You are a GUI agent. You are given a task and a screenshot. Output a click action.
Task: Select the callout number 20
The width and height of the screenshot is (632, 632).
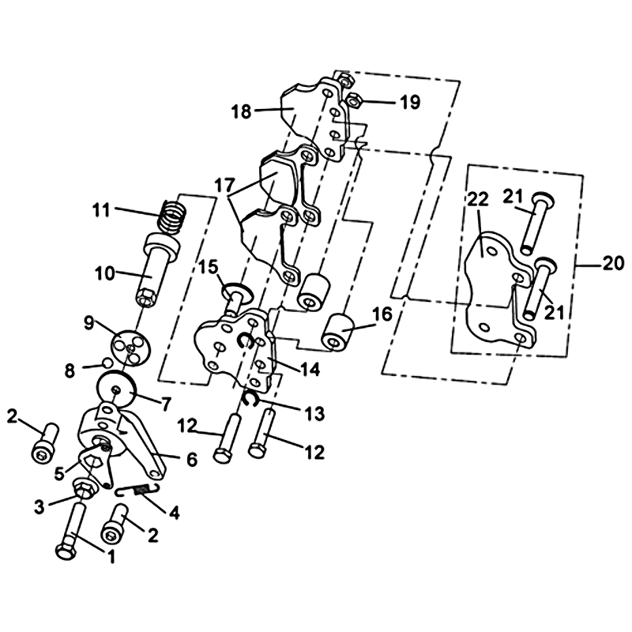tap(613, 264)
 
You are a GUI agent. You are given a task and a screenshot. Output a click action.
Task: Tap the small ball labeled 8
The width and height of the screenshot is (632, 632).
tap(107, 363)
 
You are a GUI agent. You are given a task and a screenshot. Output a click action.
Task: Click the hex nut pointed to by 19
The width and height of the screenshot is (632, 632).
tap(354, 100)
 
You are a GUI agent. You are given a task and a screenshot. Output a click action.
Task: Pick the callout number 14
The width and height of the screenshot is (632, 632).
tap(310, 369)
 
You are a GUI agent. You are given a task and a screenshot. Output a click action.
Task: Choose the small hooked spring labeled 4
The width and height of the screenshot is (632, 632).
tap(137, 490)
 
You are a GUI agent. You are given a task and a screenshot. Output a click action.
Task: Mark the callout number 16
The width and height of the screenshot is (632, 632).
tap(382, 314)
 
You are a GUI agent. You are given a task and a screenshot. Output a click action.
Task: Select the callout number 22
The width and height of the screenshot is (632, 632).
tap(478, 200)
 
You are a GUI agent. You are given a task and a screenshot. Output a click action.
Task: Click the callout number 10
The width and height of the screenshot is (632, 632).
tap(105, 273)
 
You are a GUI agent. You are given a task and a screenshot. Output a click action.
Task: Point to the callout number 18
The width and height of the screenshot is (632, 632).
tap(242, 111)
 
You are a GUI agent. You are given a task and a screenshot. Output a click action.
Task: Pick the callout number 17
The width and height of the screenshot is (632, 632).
tap(224, 186)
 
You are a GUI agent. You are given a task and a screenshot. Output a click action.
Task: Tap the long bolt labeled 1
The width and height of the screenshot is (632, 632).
tap(73, 530)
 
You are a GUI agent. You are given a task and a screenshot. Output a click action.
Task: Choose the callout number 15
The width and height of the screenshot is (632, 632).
tap(209, 267)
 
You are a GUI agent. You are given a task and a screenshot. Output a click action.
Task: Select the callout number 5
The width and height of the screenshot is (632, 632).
tap(58, 474)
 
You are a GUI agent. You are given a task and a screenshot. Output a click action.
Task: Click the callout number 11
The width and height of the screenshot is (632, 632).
tap(101, 209)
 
